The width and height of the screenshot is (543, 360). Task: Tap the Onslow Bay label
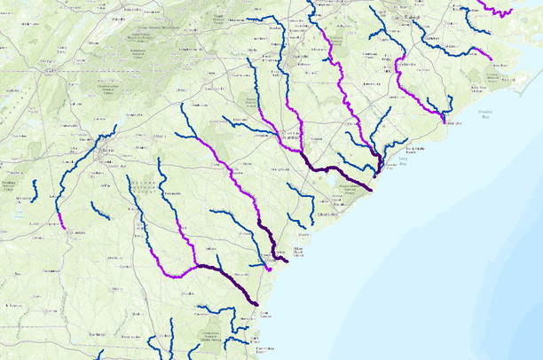pyautogui.click(x=484, y=113)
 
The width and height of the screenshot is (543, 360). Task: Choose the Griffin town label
pyautogui.click(x=104, y=185)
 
